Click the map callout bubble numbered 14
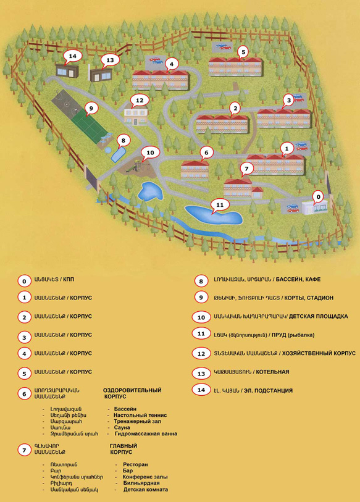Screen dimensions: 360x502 point(73,57)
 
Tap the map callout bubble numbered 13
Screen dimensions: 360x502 point(110,60)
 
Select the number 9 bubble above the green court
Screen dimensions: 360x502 point(91,109)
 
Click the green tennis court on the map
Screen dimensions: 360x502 point(88,123)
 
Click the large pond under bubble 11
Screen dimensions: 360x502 point(214,215)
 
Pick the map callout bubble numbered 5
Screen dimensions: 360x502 point(243,52)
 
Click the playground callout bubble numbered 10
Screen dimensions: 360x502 point(150,153)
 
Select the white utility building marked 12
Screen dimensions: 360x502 point(135,115)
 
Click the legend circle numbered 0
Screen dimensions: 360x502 point(24,282)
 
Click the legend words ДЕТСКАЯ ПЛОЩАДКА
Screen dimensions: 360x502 point(319,316)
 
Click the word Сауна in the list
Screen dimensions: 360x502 point(122,427)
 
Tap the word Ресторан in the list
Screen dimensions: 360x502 point(135,464)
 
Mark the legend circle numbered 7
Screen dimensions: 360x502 point(24,450)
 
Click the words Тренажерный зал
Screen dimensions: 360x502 point(138,421)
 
